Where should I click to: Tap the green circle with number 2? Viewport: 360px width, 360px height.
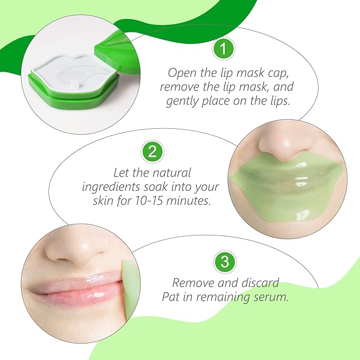coord(152,152)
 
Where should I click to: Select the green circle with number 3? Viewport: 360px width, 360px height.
coord(223,262)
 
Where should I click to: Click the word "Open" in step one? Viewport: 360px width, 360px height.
coord(180,73)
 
